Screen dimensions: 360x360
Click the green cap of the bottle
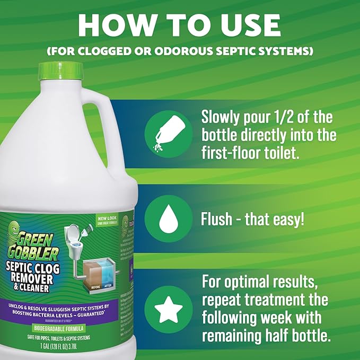click(59, 71)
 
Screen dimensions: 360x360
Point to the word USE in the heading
click(249, 25)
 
